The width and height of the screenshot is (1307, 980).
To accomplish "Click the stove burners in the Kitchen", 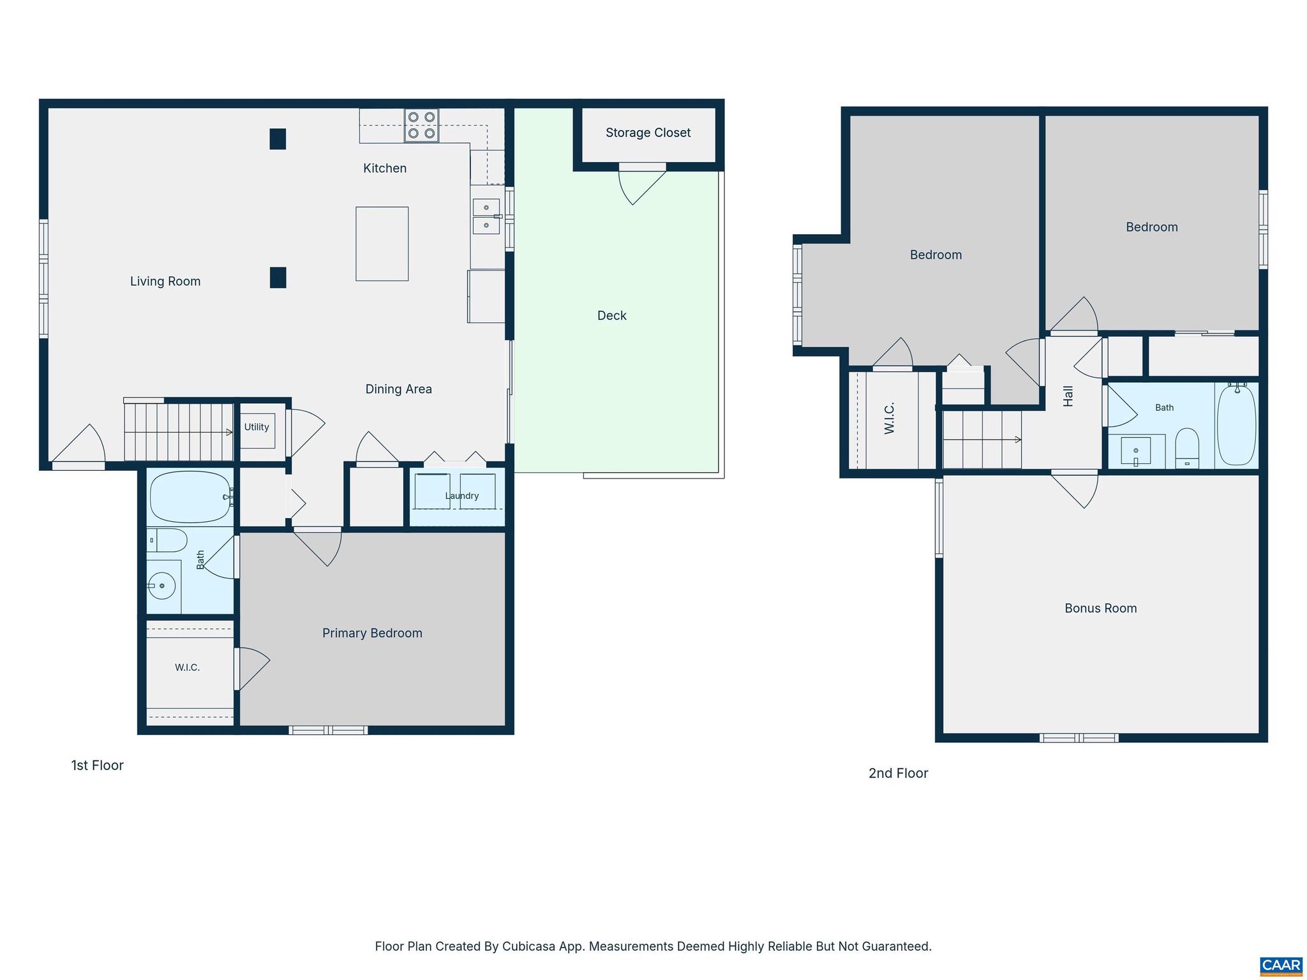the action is (x=421, y=125).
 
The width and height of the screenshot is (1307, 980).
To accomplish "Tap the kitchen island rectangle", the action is (x=382, y=244).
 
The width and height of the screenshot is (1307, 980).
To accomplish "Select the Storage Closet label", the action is (x=648, y=133).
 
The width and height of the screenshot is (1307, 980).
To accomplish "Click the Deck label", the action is (x=611, y=315).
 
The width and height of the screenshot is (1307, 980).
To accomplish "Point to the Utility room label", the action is (x=257, y=427).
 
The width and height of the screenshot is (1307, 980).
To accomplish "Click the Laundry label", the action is (x=461, y=496).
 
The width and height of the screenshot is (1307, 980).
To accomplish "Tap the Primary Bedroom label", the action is (x=372, y=633).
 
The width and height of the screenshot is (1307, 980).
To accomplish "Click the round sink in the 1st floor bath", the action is (x=161, y=585).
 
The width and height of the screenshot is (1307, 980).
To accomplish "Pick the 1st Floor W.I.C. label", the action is (x=187, y=667).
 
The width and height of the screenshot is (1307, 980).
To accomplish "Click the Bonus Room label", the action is (x=1100, y=608).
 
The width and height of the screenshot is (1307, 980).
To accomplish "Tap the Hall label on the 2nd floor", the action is (x=1068, y=396).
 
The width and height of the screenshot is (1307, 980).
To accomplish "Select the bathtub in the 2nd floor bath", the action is (x=1237, y=424).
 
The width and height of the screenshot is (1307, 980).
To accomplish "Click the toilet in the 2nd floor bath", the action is (x=1186, y=448).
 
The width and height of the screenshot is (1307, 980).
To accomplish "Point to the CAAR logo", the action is (x=1281, y=966).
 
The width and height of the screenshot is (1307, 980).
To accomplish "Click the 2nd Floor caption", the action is (x=898, y=773).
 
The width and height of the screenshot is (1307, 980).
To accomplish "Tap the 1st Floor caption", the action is (x=97, y=765).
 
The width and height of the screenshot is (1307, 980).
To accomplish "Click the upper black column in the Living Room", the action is (x=278, y=139).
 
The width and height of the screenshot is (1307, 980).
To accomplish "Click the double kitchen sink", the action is (x=486, y=216).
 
